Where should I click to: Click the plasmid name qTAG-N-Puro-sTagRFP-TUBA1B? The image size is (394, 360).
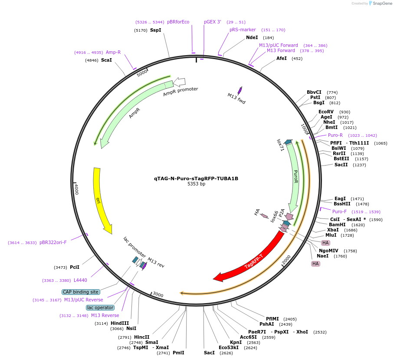(x=196, y=178)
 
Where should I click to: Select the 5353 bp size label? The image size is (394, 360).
(x=196, y=184)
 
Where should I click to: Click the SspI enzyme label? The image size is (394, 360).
(x=155, y=30)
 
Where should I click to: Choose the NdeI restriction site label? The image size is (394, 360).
(x=252, y=38)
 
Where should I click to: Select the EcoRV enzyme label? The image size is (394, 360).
(x=326, y=112)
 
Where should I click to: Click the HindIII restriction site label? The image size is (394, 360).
(x=120, y=323)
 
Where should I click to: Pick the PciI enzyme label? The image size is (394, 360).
(x=75, y=268)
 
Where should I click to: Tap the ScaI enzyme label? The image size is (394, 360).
(x=106, y=60)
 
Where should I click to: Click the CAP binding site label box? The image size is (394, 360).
(x=81, y=292)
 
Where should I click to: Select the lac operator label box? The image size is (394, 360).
(x=100, y=307)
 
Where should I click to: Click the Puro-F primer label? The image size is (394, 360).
(x=339, y=212)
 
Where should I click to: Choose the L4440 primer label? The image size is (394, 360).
(x=80, y=281)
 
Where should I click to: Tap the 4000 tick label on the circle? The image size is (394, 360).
(x=76, y=189)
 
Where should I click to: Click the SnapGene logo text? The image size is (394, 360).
(x=380, y=3)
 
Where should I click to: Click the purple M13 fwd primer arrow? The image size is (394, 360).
(x=240, y=91)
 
